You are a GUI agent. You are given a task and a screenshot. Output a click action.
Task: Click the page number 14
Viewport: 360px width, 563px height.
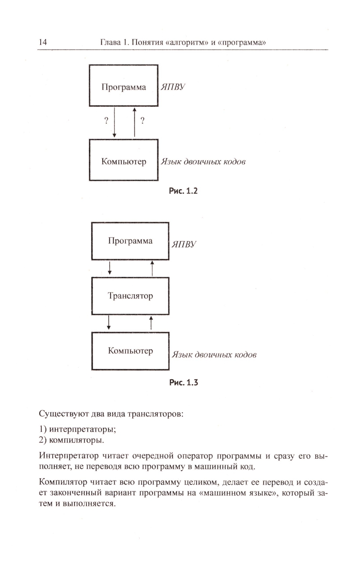[42, 42]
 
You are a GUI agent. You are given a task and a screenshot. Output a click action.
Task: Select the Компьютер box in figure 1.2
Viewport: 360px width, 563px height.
[123, 160]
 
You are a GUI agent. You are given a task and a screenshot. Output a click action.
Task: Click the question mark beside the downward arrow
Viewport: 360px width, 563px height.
[106, 121]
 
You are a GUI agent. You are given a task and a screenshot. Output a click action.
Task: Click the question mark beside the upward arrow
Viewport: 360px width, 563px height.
[143, 121]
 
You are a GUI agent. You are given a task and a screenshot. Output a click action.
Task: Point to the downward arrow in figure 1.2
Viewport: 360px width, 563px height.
[114, 122]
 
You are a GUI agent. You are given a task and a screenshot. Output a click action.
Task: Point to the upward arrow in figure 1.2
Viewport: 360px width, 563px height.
[135, 122]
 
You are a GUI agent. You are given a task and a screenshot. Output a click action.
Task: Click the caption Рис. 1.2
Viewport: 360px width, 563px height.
[183, 191]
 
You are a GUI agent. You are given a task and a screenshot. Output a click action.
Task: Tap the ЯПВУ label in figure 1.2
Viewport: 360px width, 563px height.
[173, 87]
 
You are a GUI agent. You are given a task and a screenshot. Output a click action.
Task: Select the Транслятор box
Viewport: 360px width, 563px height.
[130, 296]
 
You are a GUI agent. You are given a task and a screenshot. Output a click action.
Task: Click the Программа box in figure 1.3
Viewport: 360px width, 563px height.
[130, 241]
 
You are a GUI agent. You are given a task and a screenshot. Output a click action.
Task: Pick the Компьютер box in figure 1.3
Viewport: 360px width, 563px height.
[130, 351]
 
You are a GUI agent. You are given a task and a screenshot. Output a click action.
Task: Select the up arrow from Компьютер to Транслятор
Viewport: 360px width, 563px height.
[151, 323]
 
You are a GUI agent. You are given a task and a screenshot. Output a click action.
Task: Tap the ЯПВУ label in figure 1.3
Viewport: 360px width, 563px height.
[184, 244]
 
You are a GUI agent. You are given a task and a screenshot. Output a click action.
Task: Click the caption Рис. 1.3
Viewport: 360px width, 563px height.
[184, 383]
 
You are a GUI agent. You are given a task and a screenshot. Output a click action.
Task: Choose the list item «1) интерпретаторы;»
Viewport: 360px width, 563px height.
[77, 429]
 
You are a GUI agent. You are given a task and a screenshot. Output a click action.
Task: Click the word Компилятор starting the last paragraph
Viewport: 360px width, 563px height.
[63, 482]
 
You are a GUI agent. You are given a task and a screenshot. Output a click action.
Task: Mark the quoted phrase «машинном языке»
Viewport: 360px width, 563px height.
[238, 493]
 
